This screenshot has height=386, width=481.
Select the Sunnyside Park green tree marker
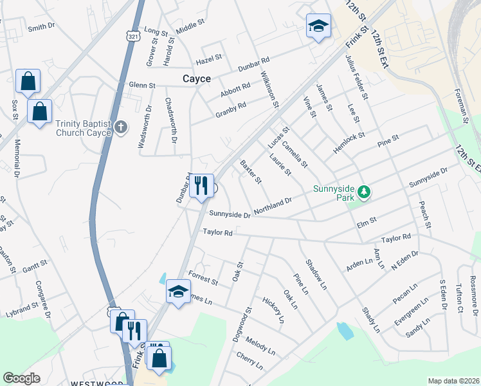point(364,191)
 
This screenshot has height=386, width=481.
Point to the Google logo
point(21,378)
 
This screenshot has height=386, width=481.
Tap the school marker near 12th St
point(318,26)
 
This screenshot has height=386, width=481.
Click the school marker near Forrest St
point(178,291)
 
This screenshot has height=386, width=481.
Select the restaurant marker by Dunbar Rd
point(201,185)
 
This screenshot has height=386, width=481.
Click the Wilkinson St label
point(269,89)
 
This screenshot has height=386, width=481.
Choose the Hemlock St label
point(349,143)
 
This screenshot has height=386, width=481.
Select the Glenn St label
point(142,85)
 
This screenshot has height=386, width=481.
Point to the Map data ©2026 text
point(453,381)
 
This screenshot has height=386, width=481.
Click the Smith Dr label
point(41,28)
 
